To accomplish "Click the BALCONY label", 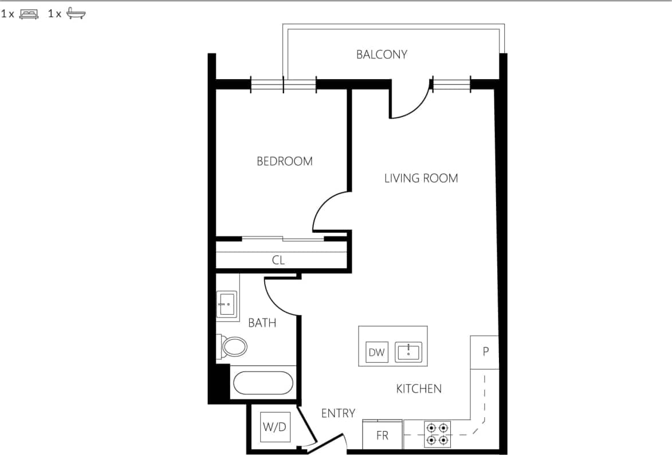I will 382,54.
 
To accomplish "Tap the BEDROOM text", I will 285,161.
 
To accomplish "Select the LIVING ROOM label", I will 421,178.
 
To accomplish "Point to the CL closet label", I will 278,260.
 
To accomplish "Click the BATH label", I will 262,323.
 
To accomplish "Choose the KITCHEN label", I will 419,389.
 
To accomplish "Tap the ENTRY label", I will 338,413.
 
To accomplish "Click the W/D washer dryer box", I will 274,427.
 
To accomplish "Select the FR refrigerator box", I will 382,436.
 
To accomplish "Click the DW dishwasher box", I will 376,352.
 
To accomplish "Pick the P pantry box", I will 485,352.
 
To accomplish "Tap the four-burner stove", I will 437,434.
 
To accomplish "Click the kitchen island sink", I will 408,351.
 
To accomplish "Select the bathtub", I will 262,383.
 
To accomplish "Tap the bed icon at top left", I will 29,14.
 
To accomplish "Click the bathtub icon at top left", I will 76,14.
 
